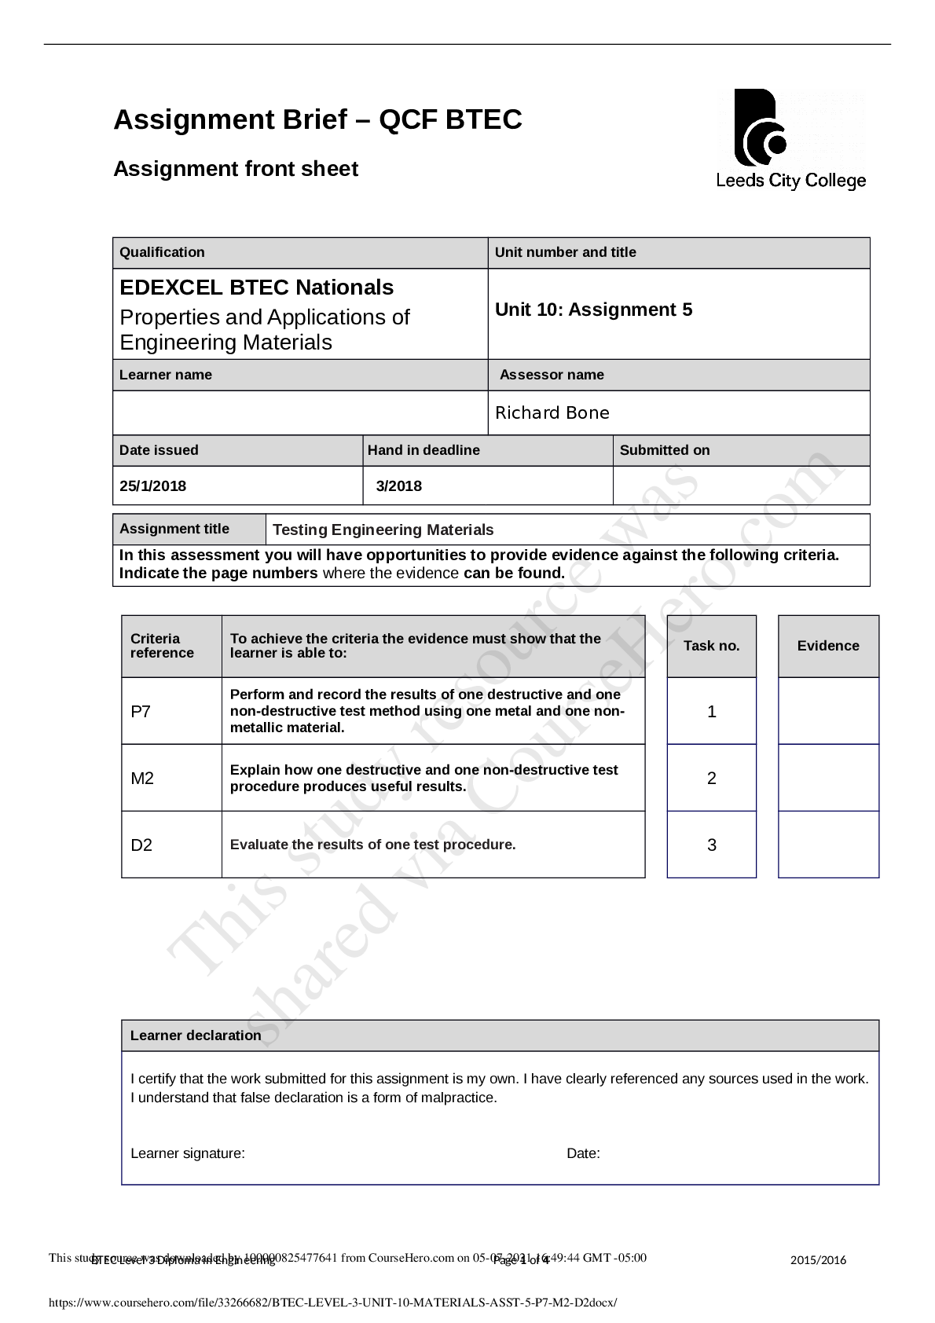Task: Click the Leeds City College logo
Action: [x=790, y=139]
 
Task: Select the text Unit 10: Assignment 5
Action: [x=593, y=310]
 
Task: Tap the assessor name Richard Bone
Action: [x=552, y=413]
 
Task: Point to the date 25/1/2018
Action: [x=153, y=486]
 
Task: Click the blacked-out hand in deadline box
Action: [x=487, y=486]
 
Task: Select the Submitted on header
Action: [x=664, y=450]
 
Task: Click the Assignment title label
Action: [x=174, y=529]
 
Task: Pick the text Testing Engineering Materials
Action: [x=383, y=530]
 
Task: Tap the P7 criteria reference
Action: [x=141, y=712]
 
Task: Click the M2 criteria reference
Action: [x=142, y=779]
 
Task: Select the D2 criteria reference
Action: [x=141, y=845]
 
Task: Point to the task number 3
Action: [x=712, y=845]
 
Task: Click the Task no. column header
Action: [x=712, y=646]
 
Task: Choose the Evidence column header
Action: [x=828, y=646]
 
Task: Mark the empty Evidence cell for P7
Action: [x=828, y=711]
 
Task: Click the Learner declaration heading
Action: [x=196, y=1035]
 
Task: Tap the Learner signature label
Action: [x=188, y=1153]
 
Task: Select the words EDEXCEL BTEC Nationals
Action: [x=256, y=288]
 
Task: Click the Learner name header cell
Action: [x=166, y=375]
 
